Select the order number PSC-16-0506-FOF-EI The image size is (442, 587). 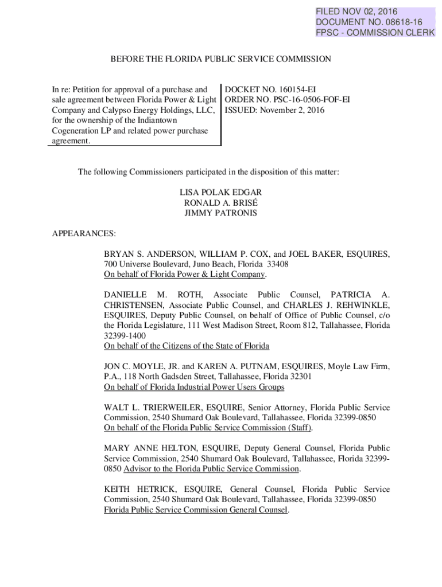click(307, 100)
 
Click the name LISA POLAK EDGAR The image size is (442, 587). click(220, 193)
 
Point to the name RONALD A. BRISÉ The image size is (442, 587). click(220, 203)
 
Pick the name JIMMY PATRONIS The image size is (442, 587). click(220, 213)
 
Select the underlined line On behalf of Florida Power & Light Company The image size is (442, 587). click(185, 274)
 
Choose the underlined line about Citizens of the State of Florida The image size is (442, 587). click(187, 346)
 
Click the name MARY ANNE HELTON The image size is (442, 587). click(142, 448)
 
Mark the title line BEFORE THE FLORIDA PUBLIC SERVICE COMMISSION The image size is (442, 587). click(220, 59)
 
